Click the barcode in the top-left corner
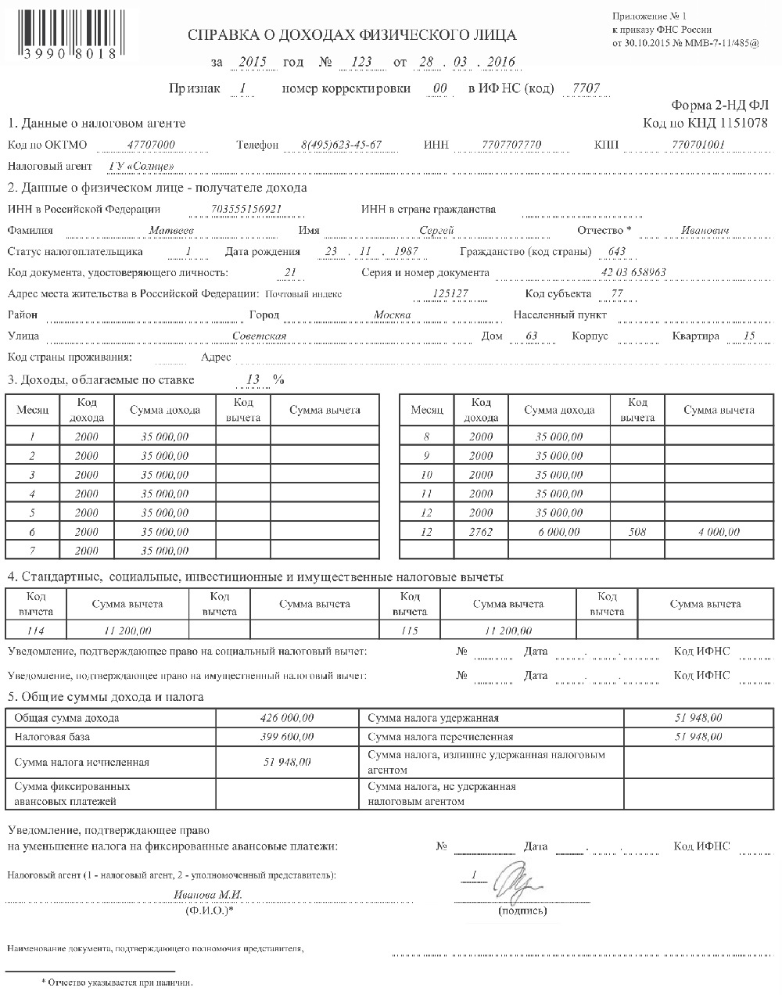(63, 31)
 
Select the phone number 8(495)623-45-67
(341, 145)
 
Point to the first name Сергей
(436, 231)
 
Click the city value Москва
(392, 315)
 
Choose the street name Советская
(260, 336)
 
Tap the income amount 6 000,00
(558, 532)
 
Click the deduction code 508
(637, 532)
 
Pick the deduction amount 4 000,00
(718, 532)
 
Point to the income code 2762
(481, 532)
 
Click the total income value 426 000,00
(287, 717)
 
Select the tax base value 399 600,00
(287, 737)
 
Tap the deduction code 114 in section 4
(37, 630)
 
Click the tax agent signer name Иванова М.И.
(208, 895)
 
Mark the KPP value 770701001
(698, 145)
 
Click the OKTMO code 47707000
(150, 145)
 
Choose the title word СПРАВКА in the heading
(222, 35)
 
